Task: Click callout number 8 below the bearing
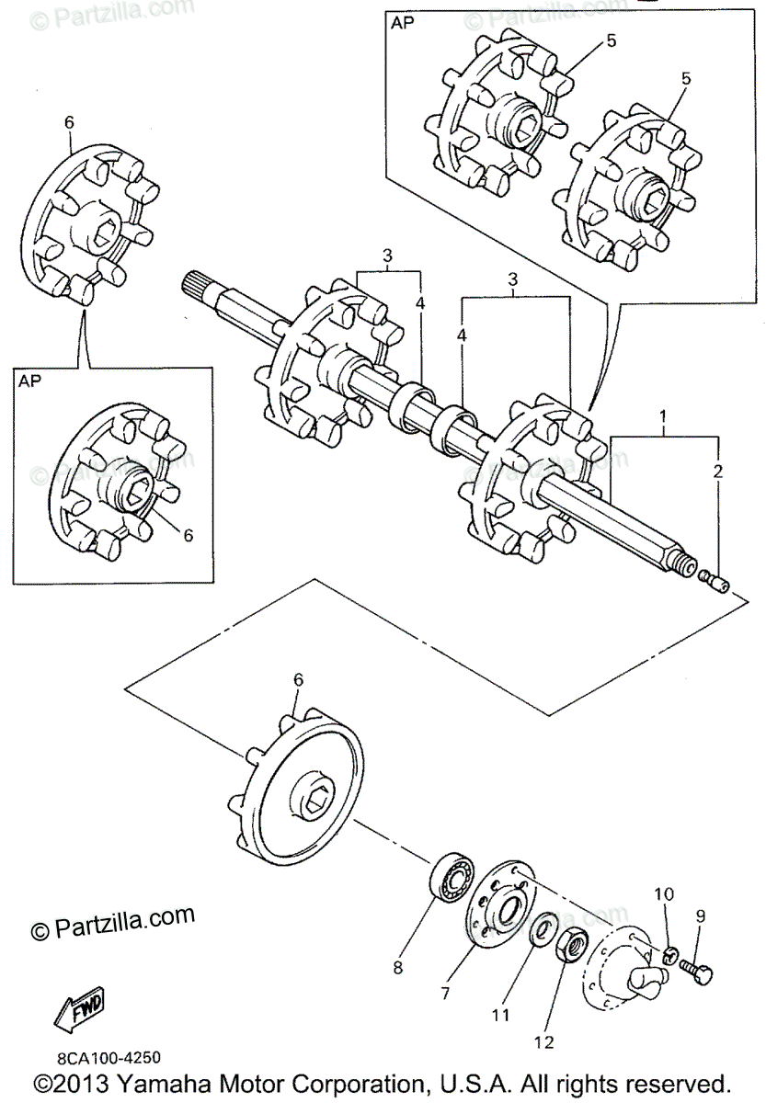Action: click(397, 966)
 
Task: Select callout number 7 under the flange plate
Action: click(444, 993)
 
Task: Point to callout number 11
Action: click(499, 1015)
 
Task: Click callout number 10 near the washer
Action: click(665, 893)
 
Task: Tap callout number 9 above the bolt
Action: click(700, 915)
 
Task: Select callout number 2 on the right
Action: click(718, 472)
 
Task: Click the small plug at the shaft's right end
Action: click(715, 581)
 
